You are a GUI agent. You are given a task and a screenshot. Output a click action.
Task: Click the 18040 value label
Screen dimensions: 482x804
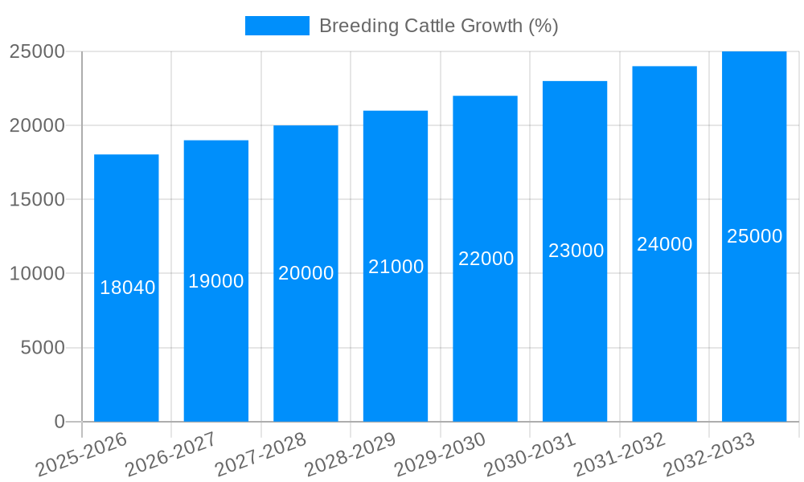128,288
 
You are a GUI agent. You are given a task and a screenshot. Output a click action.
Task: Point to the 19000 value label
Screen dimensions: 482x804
216,281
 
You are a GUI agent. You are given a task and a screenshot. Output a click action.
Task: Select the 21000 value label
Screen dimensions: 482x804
396,267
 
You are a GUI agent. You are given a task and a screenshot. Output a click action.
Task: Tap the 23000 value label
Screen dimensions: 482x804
576,251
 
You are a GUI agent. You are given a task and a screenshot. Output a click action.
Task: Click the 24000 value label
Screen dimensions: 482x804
665,244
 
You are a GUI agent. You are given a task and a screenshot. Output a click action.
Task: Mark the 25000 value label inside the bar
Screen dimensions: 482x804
755,236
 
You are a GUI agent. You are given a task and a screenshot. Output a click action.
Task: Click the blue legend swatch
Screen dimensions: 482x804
277,26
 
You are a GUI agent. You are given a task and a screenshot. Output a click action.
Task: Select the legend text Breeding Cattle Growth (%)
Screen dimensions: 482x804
439,26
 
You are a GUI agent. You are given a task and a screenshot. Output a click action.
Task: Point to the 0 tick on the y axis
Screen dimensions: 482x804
59,422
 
